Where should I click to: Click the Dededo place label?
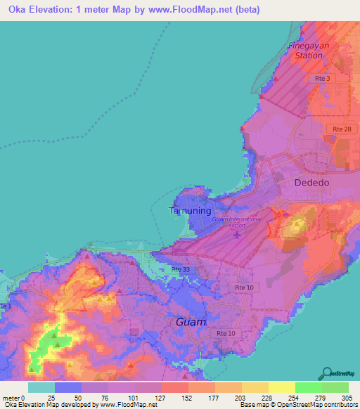pos(311,182)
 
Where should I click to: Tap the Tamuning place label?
pos(190,210)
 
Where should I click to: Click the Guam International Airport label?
pos(237,222)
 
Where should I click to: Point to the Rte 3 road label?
pos(322,79)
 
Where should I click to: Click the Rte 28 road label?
pos(342,129)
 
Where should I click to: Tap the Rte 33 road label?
pos(181,270)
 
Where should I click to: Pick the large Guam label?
pos(191,322)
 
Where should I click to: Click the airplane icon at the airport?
pos(237,233)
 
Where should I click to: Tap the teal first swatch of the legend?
pos(41,387)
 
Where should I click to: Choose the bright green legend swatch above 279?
pos(308,387)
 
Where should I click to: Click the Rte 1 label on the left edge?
pos(6,307)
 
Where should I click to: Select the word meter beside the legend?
pos(11,398)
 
